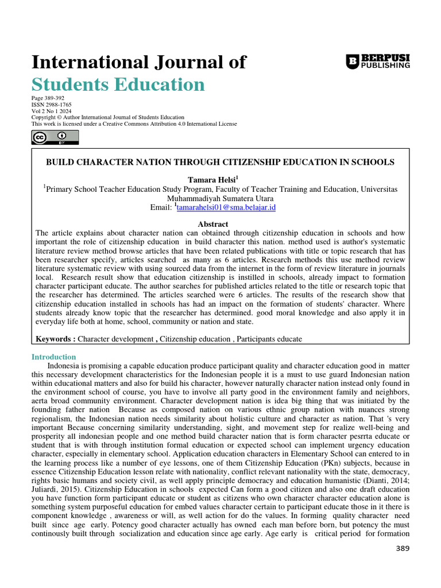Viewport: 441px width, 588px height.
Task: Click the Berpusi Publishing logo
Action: [378, 61]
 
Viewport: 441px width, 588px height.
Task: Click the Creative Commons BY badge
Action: [55, 137]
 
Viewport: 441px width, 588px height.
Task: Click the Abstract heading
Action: [212, 224]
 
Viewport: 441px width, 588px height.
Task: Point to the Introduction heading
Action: [53, 357]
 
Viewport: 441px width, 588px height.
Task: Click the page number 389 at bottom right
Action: [403, 548]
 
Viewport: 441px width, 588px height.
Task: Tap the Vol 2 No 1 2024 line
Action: [51, 111]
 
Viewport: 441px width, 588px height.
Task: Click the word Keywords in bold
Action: [54, 339]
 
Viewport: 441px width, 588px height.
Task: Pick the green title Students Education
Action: [118, 84]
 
